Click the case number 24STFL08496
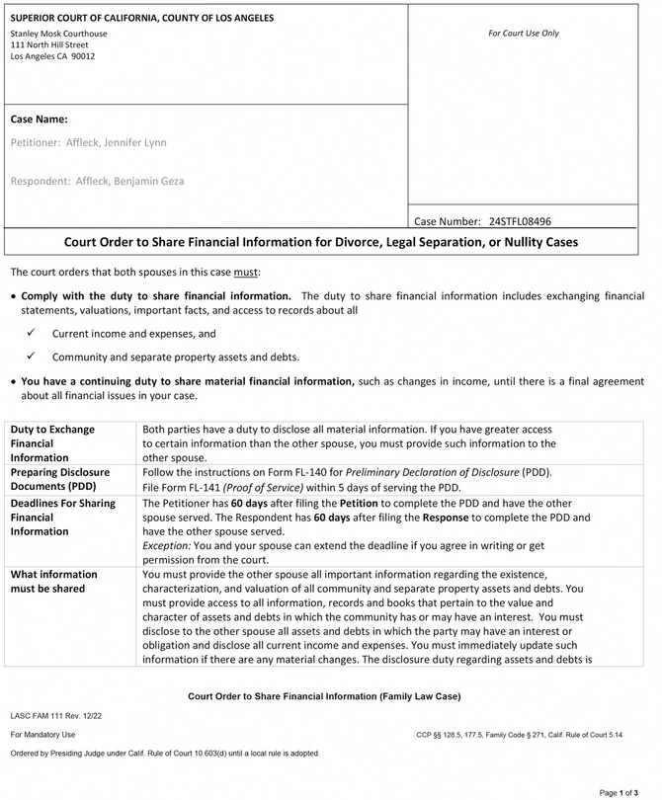point(520,221)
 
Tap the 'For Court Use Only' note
point(523,34)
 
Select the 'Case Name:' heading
point(39,120)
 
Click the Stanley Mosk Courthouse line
point(58,33)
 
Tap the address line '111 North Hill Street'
point(49,44)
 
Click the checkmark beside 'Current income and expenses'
point(31,334)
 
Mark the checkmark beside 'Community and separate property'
point(31,357)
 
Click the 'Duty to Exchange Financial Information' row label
point(53,443)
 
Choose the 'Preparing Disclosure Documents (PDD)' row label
point(60,480)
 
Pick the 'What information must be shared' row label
point(53,582)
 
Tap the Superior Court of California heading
point(142,18)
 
